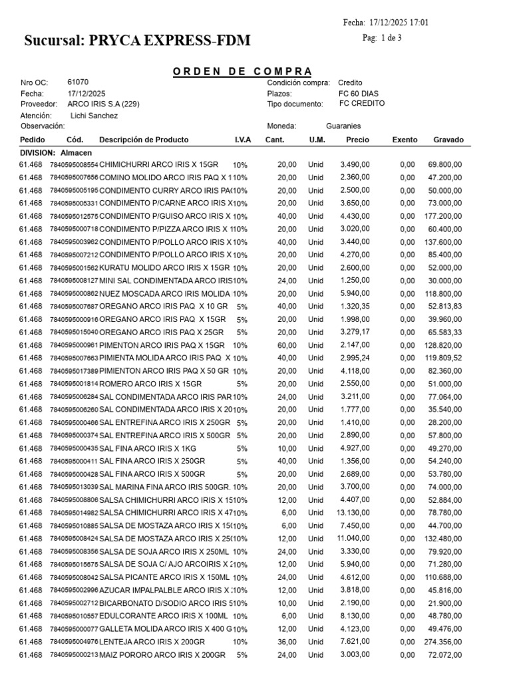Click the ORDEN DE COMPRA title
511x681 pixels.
coord(242,71)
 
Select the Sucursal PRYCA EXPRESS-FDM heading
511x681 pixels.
coord(137,41)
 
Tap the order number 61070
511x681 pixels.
coord(77,82)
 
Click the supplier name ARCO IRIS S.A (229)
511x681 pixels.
coord(104,104)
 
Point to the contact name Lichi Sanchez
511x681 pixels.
coord(94,116)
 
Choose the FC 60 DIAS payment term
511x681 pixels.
coord(359,94)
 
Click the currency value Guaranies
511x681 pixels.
coord(343,126)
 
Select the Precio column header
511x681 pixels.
coord(357,140)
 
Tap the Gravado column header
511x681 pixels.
coord(448,140)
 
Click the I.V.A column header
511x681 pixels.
coord(242,140)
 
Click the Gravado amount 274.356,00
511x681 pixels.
coord(442,642)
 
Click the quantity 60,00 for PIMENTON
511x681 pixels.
coord(287,346)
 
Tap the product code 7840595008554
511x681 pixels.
coord(73,165)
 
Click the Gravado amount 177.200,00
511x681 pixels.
coord(442,217)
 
